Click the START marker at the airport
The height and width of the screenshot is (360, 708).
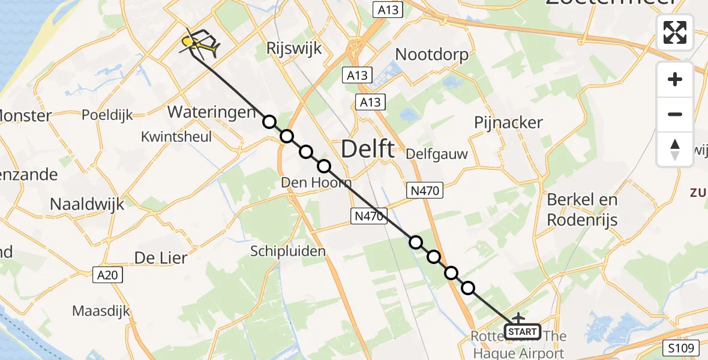click(x=522, y=331)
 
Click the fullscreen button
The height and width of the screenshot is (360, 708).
click(x=675, y=32)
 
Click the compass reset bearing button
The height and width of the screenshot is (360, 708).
click(x=675, y=149)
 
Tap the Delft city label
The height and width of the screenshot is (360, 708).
click(x=368, y=149)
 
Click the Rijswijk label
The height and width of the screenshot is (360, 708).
click(x=294, y=49)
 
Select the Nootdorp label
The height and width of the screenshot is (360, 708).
click(x=432, y=55)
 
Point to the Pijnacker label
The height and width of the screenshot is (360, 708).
click(x=508, y=122)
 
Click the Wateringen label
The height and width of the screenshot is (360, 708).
click(x=212, y=112)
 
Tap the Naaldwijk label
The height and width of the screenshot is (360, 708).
click(x=87, y=204)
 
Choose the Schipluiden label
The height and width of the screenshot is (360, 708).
click(x=288, y=251)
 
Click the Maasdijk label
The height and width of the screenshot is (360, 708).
click(x=101, y=311)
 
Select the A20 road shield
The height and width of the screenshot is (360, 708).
click(x=109, y=275)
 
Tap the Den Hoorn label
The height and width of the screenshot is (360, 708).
click(x=316, y=181)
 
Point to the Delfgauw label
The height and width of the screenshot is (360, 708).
click(x=437, y=154)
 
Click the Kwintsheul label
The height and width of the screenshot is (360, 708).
click(x=176, y=137)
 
